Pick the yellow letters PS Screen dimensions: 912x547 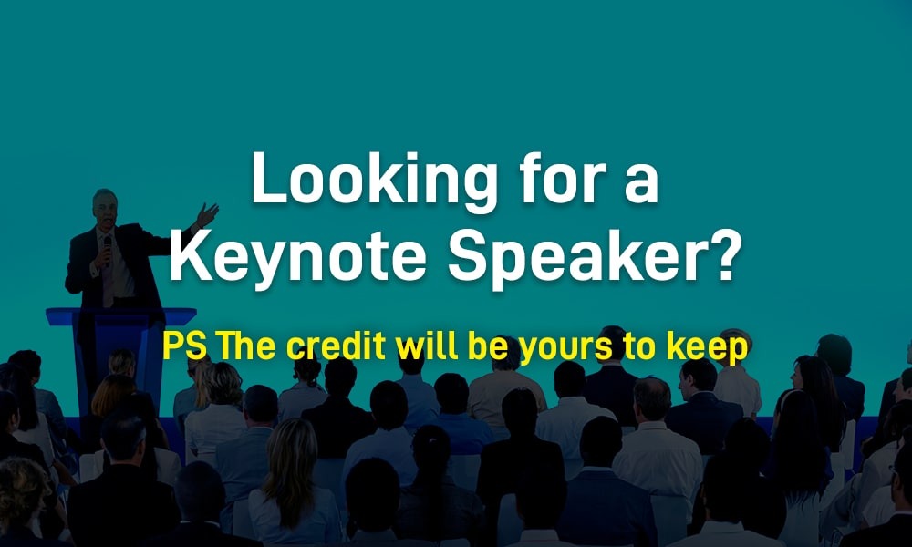coord(184,346)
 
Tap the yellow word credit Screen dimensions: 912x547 coord(337,346)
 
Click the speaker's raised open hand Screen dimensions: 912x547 coord(206,214)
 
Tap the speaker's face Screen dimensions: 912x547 coord(106,211)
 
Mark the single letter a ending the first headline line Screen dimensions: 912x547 coord(641,183)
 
